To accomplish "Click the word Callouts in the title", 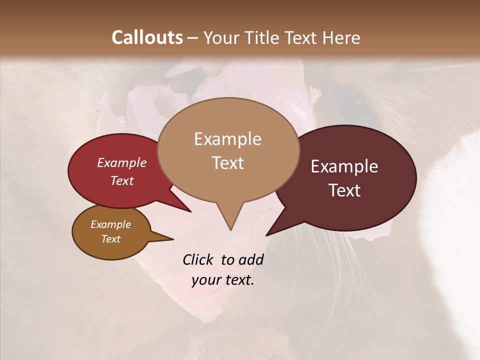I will tap(147, 37).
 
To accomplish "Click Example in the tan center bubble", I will tap(227, 139).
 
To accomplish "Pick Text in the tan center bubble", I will tap(227, 163).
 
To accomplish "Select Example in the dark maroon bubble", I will tap(344, 166).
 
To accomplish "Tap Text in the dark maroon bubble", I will tap(344, 190).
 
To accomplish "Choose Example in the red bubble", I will tap(122, 162).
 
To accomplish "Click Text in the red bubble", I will tap(122, 180).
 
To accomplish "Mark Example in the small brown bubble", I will tap(110, 224).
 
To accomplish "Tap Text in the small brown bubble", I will tap(110, 239).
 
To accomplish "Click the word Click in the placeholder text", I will tap(199, 259).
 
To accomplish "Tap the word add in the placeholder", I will tap(251, 259).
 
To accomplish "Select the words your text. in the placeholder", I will tap(223, 280).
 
